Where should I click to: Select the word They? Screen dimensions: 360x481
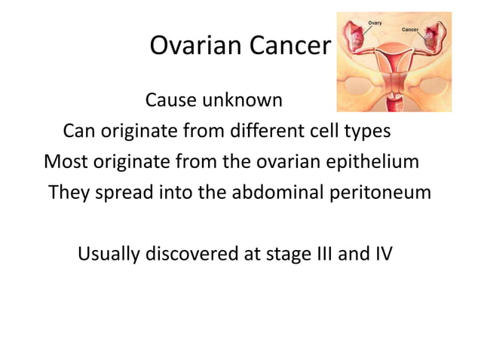[69, 193]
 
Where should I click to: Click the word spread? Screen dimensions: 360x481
[125, 194]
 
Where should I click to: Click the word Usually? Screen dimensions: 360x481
[113, 255]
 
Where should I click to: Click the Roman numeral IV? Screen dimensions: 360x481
[381, 255]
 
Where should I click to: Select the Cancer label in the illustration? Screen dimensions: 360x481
[411, 29]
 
